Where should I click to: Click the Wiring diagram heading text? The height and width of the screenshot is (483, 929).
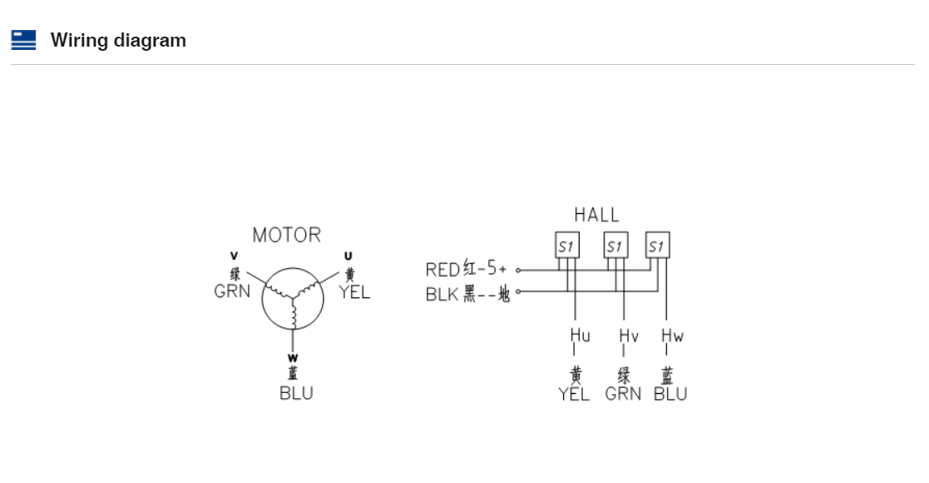[x=118, y=40]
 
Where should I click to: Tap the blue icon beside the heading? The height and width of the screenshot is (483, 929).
[x=23, y=40]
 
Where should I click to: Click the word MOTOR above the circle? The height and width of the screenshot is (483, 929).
[x=286, y=235]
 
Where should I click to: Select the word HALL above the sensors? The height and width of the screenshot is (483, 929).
[x=596, y=215]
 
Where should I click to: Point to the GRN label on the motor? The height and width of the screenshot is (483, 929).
[x=232, y=291]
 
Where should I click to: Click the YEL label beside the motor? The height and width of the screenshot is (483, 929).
[x=354, y=291]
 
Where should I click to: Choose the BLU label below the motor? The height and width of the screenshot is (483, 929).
[x=296, y=393]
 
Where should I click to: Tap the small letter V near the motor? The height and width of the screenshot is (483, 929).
[x=234, y=256]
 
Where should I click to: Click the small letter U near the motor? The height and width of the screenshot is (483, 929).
[x=348, y=256]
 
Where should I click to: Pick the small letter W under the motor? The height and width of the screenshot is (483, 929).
[x=293, y=358]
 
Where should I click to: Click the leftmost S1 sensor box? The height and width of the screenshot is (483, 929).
[x=567, y=246]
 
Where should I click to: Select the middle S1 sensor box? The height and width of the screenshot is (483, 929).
[x=615, y=246]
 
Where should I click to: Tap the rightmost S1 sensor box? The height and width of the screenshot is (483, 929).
[x=657, y=246]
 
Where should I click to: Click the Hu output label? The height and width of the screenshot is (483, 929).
[x=580, y=336]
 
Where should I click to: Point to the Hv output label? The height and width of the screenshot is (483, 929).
[x=628, y=336]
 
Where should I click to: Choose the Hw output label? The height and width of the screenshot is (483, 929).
[x=672, y=336]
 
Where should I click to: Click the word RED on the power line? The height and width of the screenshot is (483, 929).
[x=442, y=270]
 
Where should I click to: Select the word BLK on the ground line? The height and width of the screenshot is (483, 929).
[x=442, y=294]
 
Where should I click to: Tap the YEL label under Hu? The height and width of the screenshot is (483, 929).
[x=574, y=394]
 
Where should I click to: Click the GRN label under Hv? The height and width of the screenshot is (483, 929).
[x=623, y=394]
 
